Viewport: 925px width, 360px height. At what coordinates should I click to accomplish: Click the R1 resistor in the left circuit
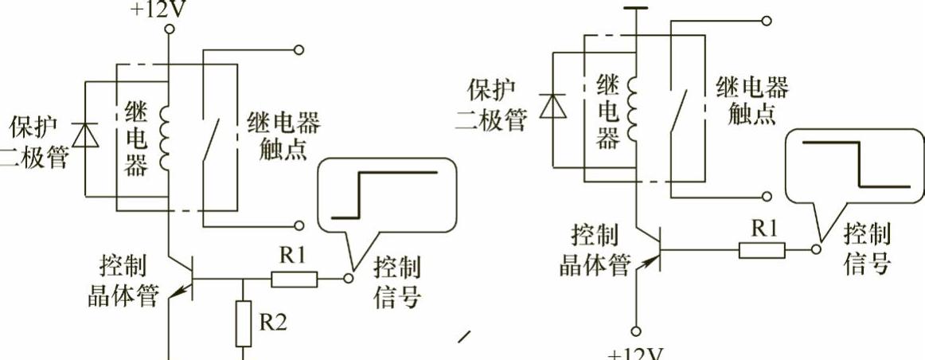pyautogui.click(x=295, y=279)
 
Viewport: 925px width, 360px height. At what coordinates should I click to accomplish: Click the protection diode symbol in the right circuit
pyautogui.click(x=548, y=105)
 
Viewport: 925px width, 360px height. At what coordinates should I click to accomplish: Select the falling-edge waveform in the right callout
pyautogui.click(x=853, y=165)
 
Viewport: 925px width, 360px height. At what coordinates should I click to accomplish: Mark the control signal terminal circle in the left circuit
pyautogui.click(x=347, y=279)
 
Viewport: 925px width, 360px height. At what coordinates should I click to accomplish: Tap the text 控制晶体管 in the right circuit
pyautogui.click(x=595, y=251)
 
